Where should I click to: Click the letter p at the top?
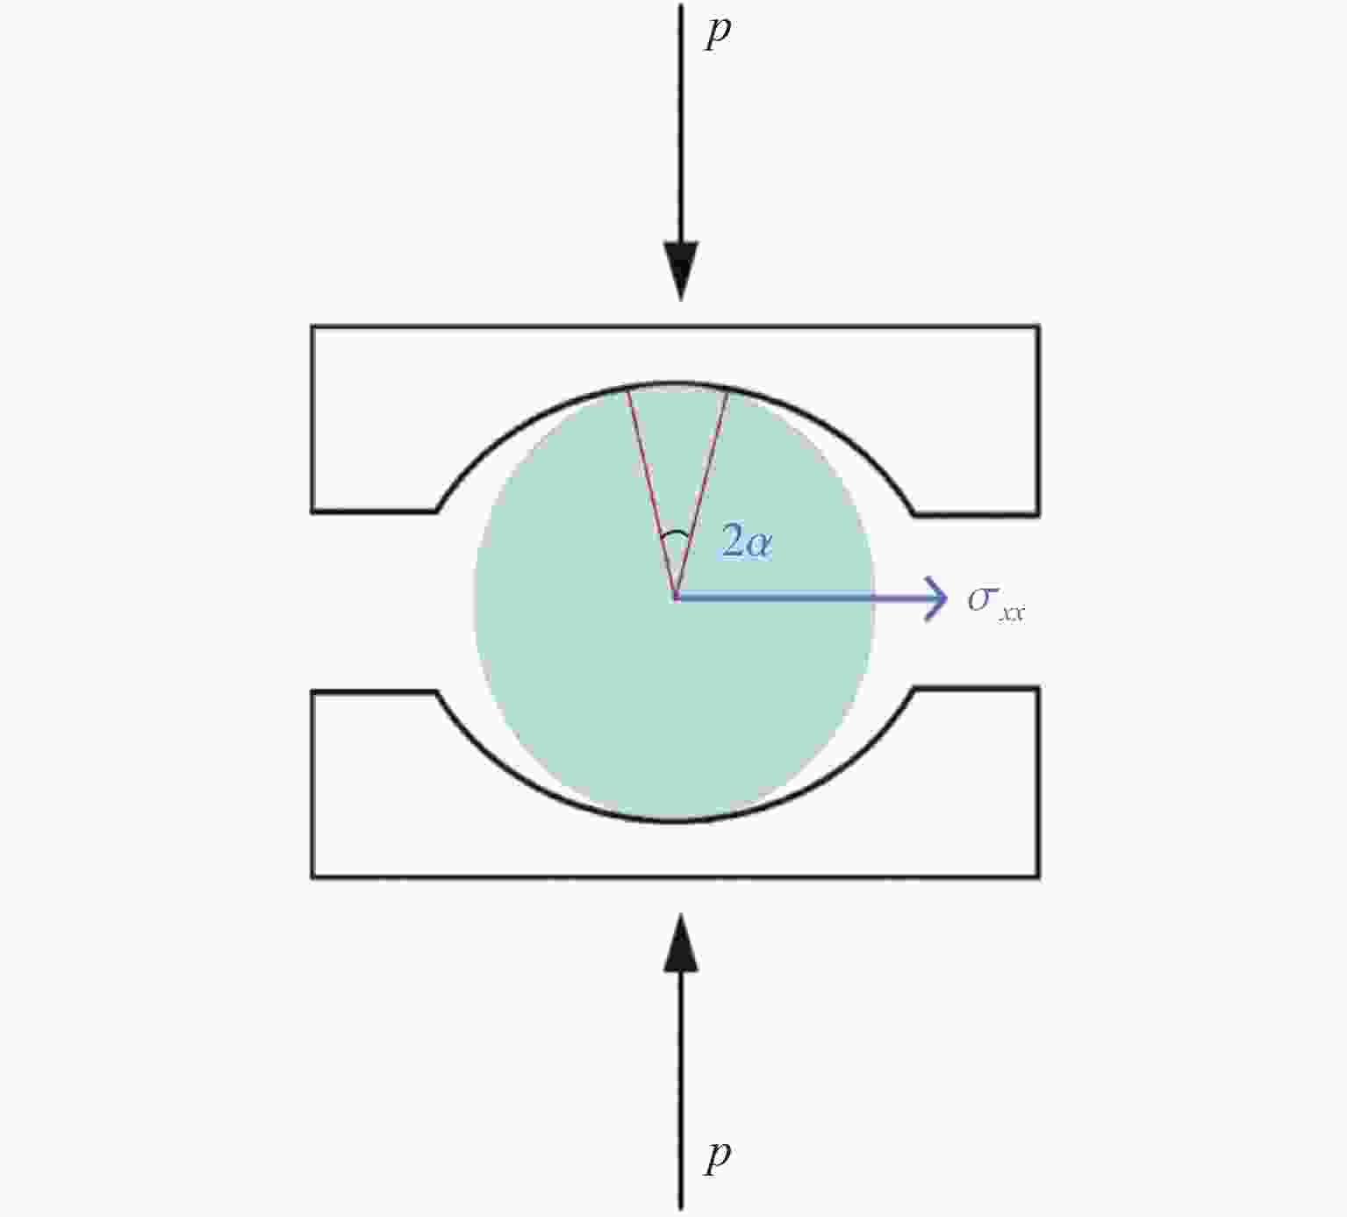[x=718, y=32]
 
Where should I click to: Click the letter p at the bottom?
[x=718, y=1158]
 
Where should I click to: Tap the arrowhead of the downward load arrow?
[x=681, y=271]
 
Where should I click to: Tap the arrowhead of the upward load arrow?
[x=681, y=943]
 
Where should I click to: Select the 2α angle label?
[x=747, y=541]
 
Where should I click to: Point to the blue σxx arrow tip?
[x=946, y=598]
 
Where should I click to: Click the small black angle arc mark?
[x=676, y=534]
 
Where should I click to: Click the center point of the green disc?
[x=676, y=598]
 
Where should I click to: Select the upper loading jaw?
[x=676, y=354]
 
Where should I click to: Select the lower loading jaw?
[x=676, y=847]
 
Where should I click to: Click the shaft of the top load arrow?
[x=681, y=123]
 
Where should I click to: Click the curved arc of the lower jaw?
[x=676, y=820]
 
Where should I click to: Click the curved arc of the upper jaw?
[x=676, y=383]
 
